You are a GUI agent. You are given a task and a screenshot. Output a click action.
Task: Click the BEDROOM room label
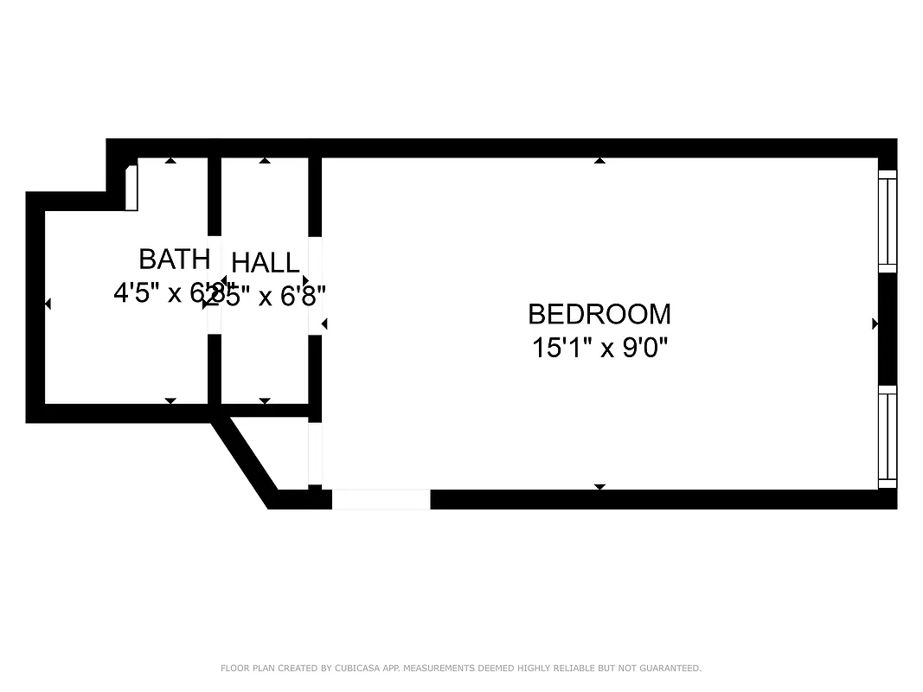(x=599, y=313)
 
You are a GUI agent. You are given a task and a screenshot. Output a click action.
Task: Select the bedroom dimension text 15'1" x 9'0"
(x=599, y=348)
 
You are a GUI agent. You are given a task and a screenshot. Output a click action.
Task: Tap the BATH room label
(x=174, y=259)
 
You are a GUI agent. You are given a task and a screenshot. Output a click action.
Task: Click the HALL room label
(x=266, y=262)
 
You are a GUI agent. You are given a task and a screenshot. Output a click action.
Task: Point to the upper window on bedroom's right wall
(x=888, y=221)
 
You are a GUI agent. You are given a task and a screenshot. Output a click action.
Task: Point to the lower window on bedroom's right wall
(x=888, y=437)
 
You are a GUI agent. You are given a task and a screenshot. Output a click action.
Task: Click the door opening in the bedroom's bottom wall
(x=381, y=499)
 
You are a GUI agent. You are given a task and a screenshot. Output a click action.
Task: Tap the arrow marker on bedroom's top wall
(x=599, y=160)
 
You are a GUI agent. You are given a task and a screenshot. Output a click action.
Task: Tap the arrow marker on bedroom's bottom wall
(x=599, y=487)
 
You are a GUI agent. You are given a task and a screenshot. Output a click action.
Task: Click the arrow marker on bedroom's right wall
(x=875, y=324)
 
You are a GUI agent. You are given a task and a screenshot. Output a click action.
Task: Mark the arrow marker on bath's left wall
(x=48, y=304)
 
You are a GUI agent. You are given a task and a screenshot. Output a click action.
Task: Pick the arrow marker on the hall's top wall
(x=265, y=160)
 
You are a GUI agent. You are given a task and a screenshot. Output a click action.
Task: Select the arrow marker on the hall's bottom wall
(x=265, y=400)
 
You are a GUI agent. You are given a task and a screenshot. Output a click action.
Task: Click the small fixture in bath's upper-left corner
(x=131, y=188)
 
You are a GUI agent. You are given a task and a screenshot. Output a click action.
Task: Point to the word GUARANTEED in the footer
(x=670, y=668)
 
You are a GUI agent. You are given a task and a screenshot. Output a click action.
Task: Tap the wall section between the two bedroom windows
(x=888, y=329)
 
